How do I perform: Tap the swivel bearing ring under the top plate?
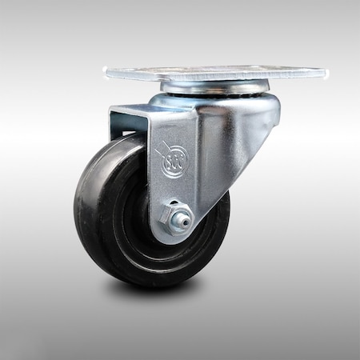pyautogui.click(x=212, y=86)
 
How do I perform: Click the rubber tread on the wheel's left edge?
pyautogui.click(x=80, y=216)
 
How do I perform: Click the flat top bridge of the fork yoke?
pyautogui.click(x=152, y=108)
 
